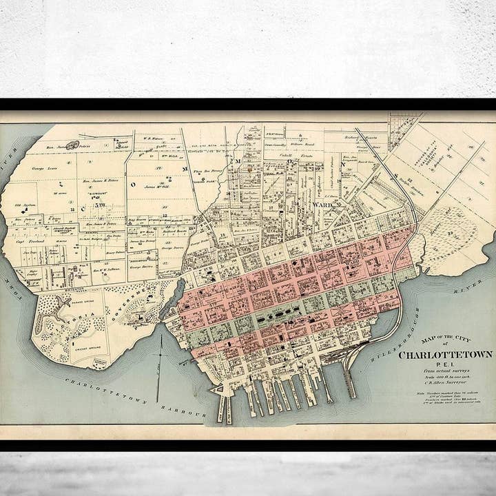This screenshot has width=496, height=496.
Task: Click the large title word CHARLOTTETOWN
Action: coord(446,355)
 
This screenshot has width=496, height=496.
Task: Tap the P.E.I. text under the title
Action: coord(446,366)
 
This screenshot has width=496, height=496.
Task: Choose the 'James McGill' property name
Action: coord(158,187)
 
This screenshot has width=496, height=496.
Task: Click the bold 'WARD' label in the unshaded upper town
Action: coord(321,205)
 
